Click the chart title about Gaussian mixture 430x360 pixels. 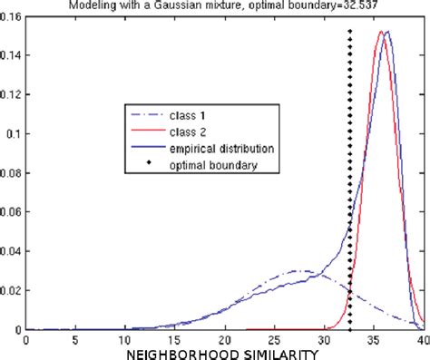point(213,6)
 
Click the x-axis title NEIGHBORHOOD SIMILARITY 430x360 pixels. point(224,352)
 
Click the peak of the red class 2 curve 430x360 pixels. point(382,33)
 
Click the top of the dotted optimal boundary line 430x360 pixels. point(349,31)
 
